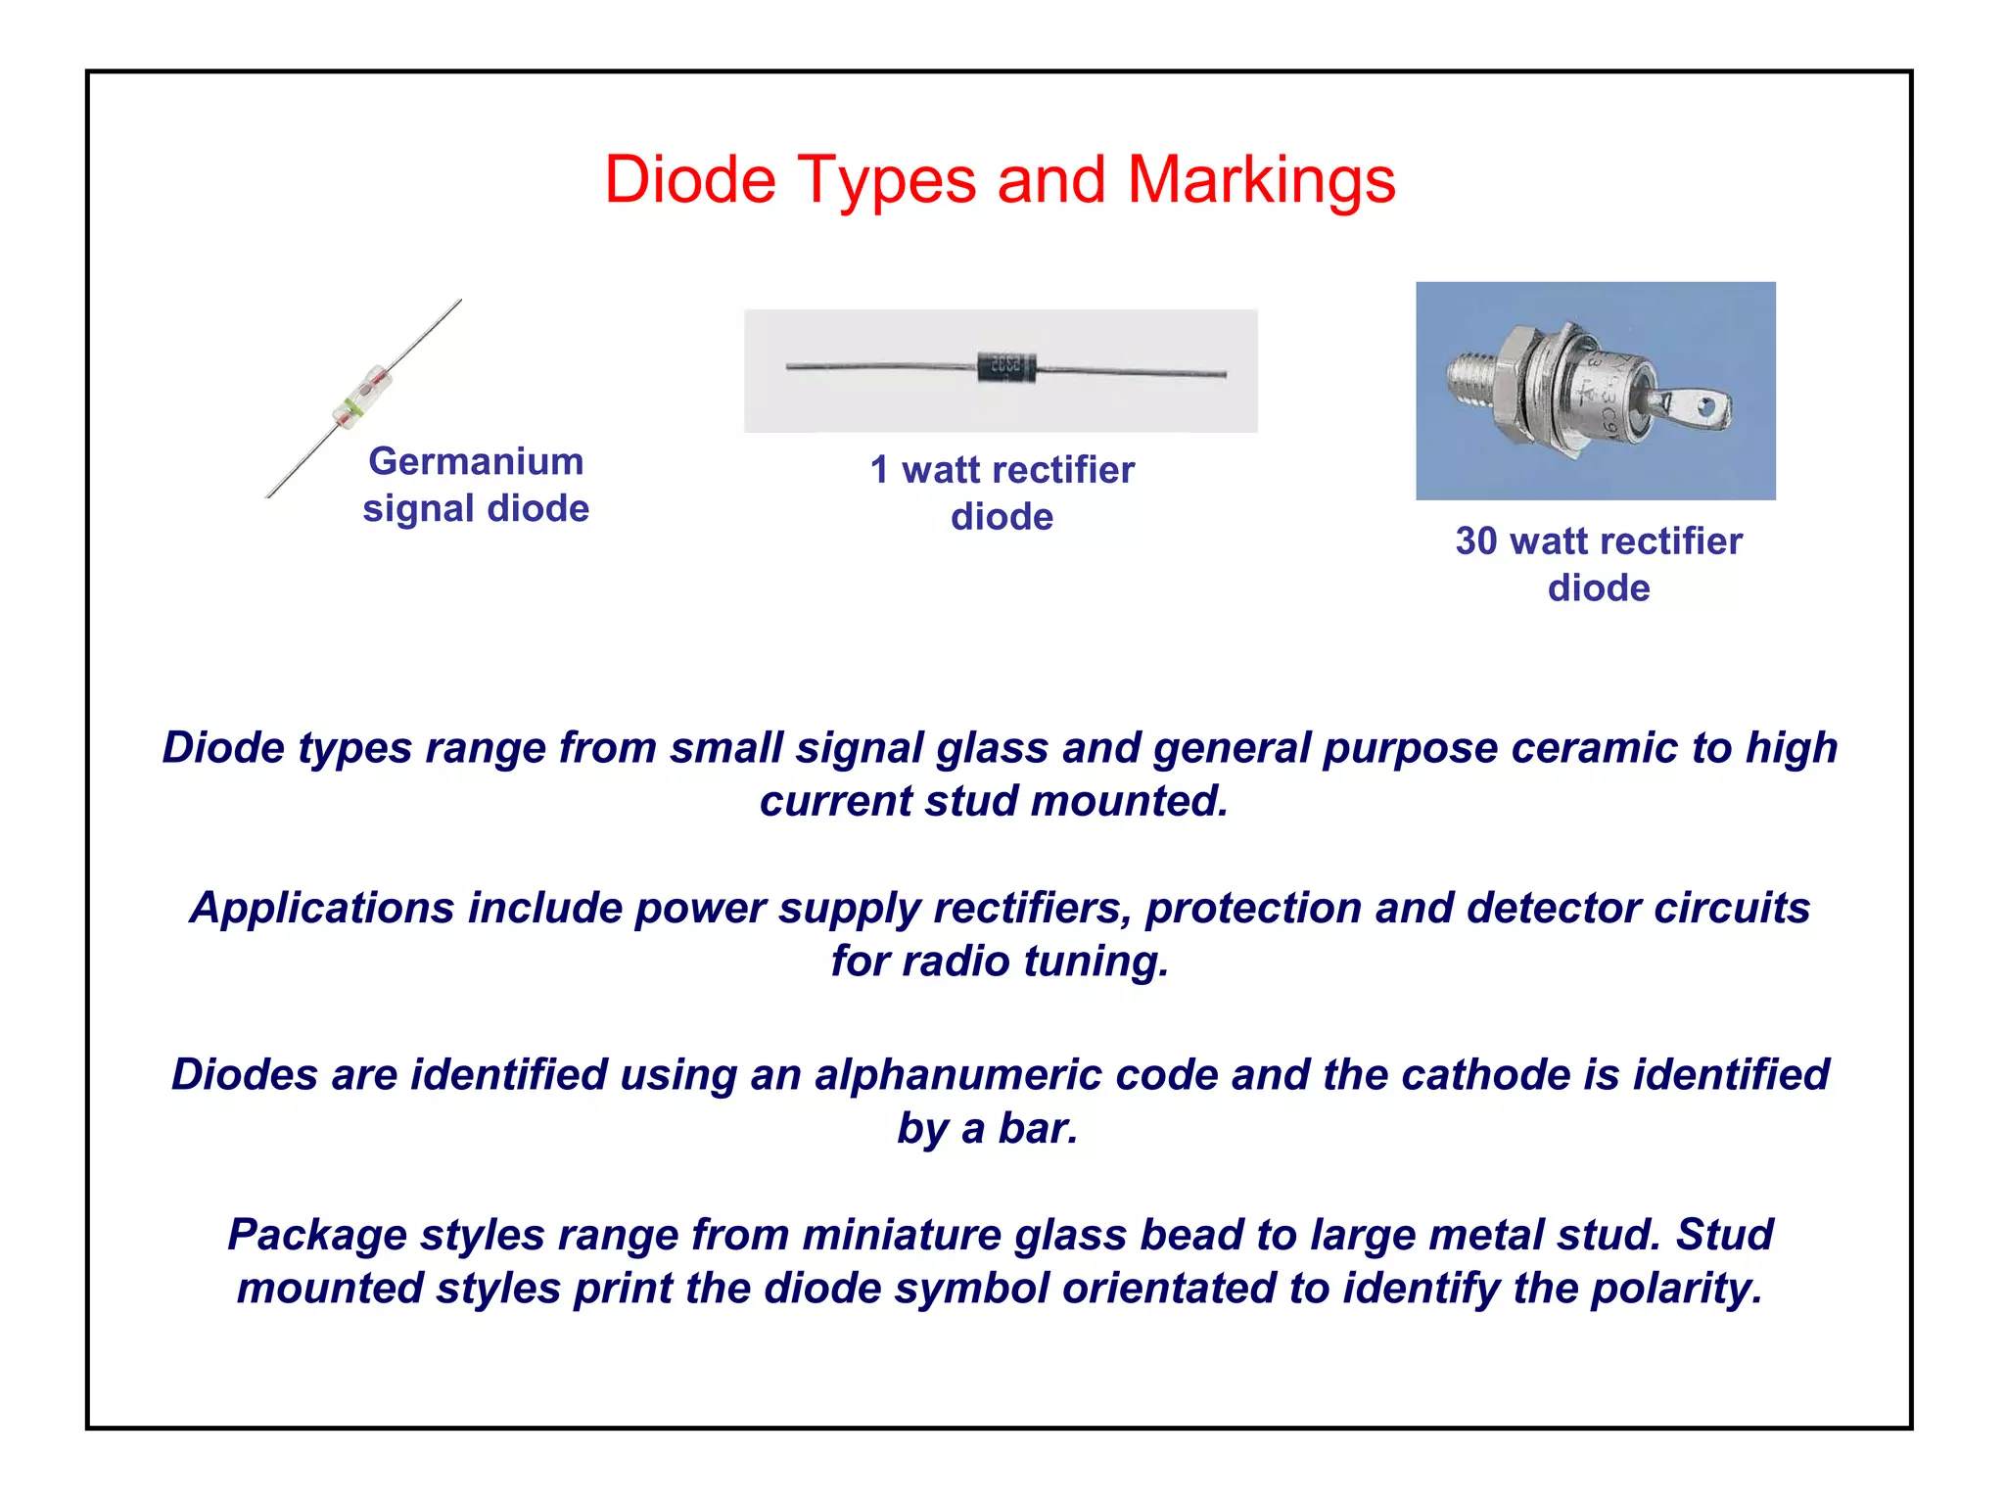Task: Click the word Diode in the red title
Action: coord(689,180)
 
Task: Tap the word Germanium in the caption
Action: coord(476,461)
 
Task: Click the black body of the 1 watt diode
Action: coord(1005,367)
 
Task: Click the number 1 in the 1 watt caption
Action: coord(879,470)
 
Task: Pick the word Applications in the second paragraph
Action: coord(322,908)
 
